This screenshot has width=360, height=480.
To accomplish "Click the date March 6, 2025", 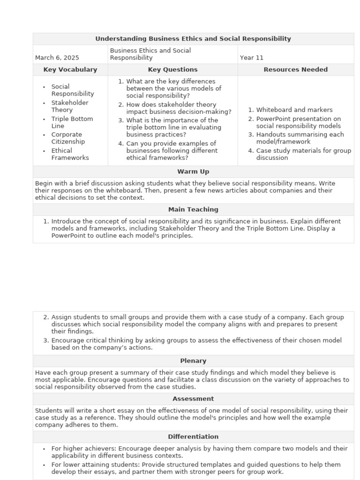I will tap(57, 58).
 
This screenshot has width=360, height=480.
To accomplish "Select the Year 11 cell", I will tap(252, 58).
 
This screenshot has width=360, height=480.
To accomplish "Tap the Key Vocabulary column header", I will tap(70, 69).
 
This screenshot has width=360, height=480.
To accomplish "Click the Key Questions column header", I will tap(172, 69).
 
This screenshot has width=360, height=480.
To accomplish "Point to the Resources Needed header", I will tap(295, 69).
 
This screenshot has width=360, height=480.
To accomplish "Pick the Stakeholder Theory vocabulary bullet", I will tap(69, 106).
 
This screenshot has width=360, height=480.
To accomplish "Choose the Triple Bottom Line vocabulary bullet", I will tap(72, 122).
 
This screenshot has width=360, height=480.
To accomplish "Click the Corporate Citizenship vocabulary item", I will tap(68, 138).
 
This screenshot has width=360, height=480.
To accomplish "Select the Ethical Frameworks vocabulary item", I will tap(70, 154).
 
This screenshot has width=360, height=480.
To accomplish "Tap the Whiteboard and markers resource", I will tap(294, 110).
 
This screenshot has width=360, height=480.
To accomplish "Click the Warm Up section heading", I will tap(193, 172).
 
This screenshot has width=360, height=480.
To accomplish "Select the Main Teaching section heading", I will tap(193, 210).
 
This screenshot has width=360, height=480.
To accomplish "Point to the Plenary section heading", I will tap(193, 361).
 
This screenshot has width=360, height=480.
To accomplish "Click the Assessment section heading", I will tap(193, 399).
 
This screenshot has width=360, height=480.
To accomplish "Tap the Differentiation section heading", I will tap(193, 437).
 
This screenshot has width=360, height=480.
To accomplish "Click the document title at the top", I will tap(193, 39).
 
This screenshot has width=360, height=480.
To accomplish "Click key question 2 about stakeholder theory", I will tap(178, 108).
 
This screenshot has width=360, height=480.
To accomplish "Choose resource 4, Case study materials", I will tap(303, 154).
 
